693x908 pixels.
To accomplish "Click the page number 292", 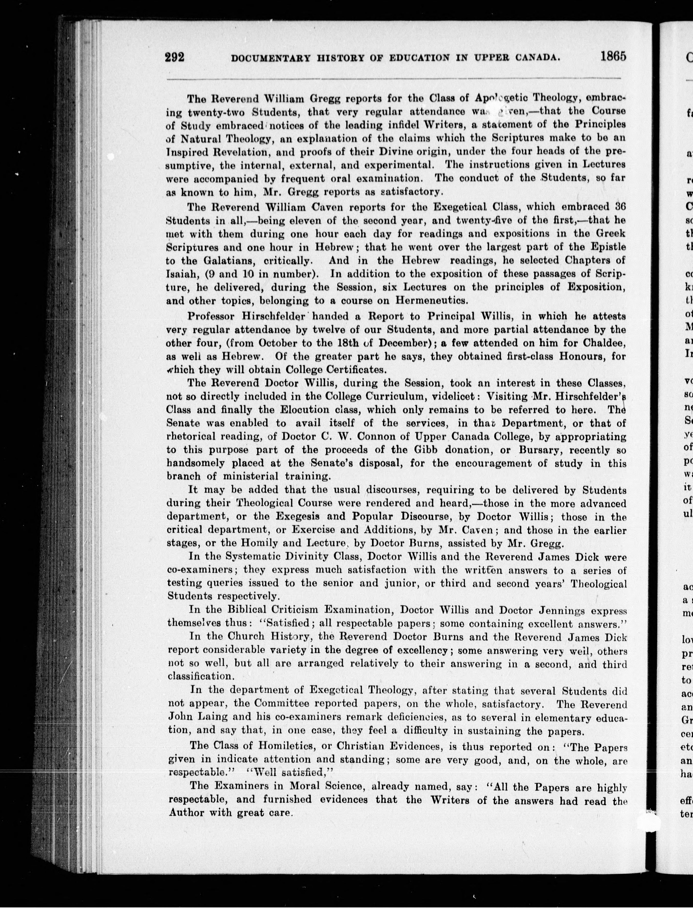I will tap(174, 56).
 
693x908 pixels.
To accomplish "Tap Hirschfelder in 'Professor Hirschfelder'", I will tap(276, 317).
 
